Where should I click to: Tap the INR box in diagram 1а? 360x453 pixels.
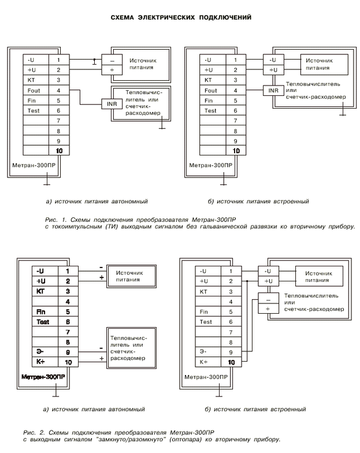[111, 103]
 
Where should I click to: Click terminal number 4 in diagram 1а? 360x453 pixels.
[58, 90]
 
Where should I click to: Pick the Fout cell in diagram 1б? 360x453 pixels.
[211, 91]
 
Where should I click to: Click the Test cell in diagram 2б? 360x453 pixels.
[206, 321]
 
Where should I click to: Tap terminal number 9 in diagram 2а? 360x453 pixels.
[68, 351]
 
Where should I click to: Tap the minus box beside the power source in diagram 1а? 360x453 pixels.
[112, 60]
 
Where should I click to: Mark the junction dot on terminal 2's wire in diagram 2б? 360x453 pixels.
[248, 281]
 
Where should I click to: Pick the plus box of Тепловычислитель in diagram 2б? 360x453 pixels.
[268, 309]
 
